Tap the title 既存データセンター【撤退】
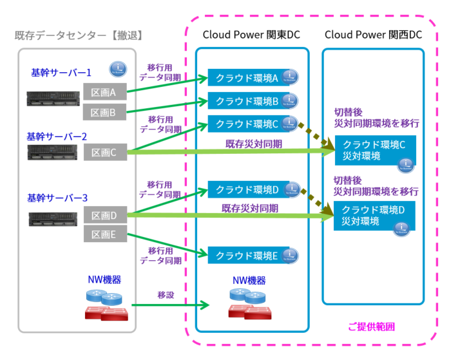click(x=79, y=34)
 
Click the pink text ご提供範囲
click(x=371, y=327)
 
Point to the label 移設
click(x=166, y=295)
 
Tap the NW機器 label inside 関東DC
click(x=249, y=281)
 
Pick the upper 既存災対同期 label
click(x=253, y=144)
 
